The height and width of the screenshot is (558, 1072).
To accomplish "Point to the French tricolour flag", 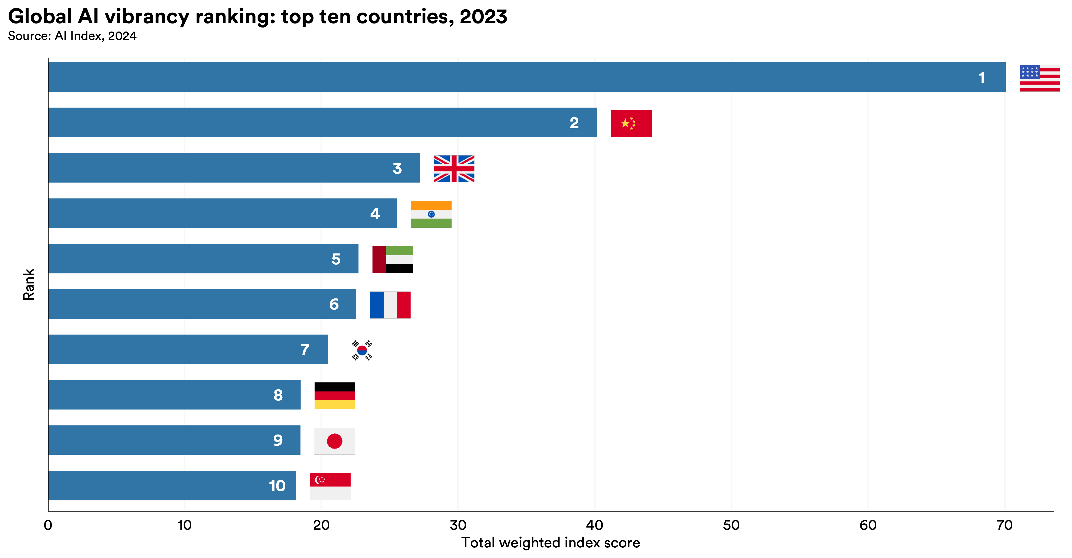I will (x=390, y=305).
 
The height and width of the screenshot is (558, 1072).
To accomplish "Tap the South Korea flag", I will (x=362, y=350).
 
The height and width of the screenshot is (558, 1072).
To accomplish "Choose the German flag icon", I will (x=335, y=395).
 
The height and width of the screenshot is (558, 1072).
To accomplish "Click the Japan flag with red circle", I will (x=334, y=441).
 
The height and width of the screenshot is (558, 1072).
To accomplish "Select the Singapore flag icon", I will (x=330, y=486).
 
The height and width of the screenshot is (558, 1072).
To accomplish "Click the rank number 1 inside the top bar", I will (x=981, y=78).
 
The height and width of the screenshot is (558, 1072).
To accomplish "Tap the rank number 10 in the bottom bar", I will (x=277, y=486).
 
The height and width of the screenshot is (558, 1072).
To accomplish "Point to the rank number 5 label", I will (x=336, y=259).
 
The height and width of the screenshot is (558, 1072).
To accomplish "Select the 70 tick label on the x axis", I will (x=1004, y=525).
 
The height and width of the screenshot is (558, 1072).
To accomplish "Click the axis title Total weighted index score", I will (x=550, y=543).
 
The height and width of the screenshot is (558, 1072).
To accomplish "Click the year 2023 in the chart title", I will (x=483, y=17).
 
